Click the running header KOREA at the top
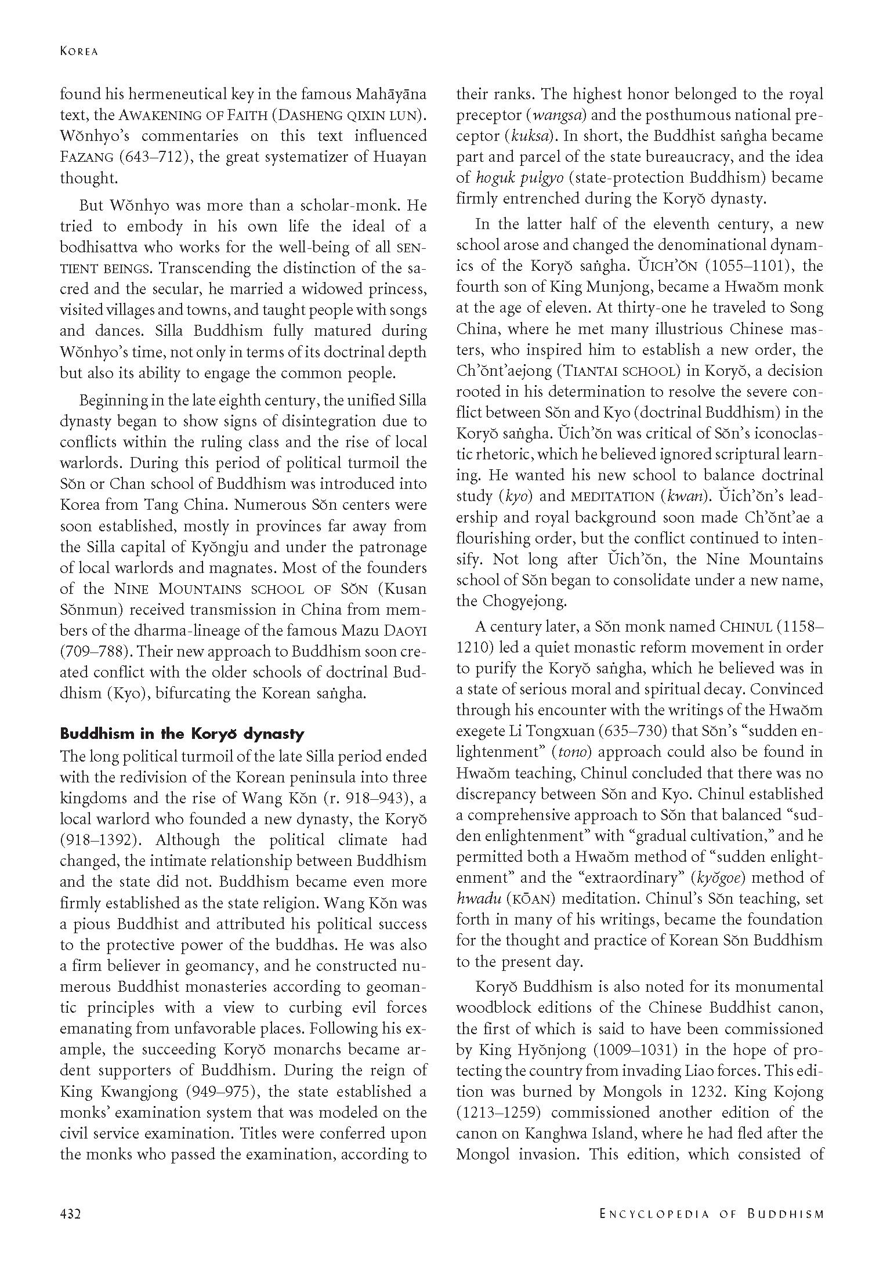tap(79, 52)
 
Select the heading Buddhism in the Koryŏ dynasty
tap(182, 734)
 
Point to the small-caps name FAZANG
tap(85, 157)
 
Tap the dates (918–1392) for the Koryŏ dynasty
tap(98, 840)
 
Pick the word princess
tap(396, 289)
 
